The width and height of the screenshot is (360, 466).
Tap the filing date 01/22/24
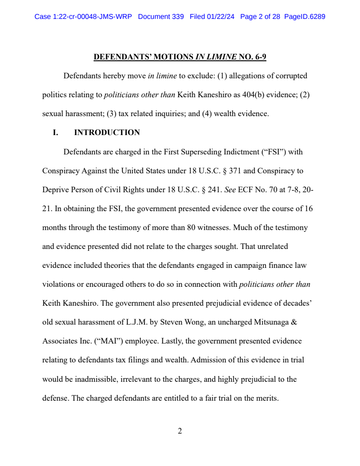pyautogui.click(x=222, y=17)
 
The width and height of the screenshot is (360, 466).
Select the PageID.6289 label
pyautogui.click(x=305, y=17)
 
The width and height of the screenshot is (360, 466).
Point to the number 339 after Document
pyautogui.click(x=177, y=17)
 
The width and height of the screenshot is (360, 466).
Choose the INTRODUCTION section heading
pyautogui.click(x=107, y=132)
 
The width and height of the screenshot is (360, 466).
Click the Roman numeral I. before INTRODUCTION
pyautogui.click(x=56, y=132)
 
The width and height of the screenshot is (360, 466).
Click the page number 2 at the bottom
pyautogui.click(x=180, y=431)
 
